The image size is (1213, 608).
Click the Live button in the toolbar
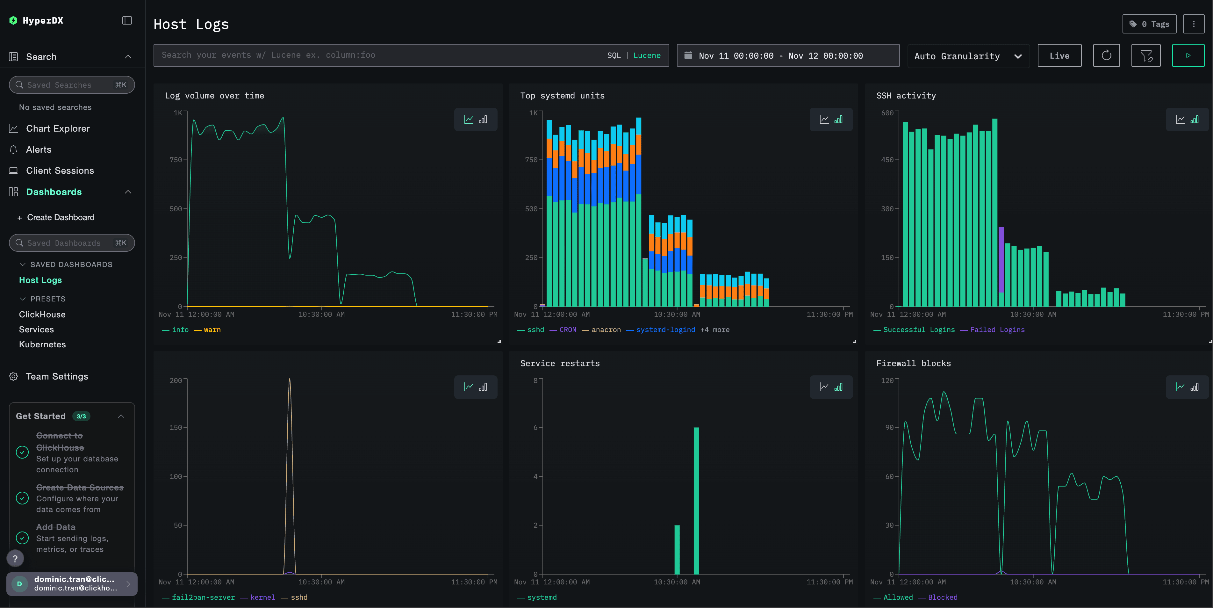click(1059, 55)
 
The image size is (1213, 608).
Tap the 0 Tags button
click(1149, 24)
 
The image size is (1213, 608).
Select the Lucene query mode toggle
click(647, 55)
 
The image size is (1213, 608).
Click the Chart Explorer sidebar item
click(57, 128)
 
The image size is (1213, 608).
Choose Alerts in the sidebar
click(39, 149)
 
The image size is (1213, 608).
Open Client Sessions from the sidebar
click(60, 170)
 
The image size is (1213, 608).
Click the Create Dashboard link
click(60, 217)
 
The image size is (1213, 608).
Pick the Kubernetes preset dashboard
click(42, 344)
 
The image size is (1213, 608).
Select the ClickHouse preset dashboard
click(42, 314)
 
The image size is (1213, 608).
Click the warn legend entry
click(212, 330)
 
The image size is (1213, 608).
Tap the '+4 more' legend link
click(715, 330)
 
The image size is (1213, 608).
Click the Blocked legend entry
click(942, 597)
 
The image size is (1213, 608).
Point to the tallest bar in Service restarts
click(696, 500)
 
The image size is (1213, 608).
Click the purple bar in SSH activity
click(1001, 260)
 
